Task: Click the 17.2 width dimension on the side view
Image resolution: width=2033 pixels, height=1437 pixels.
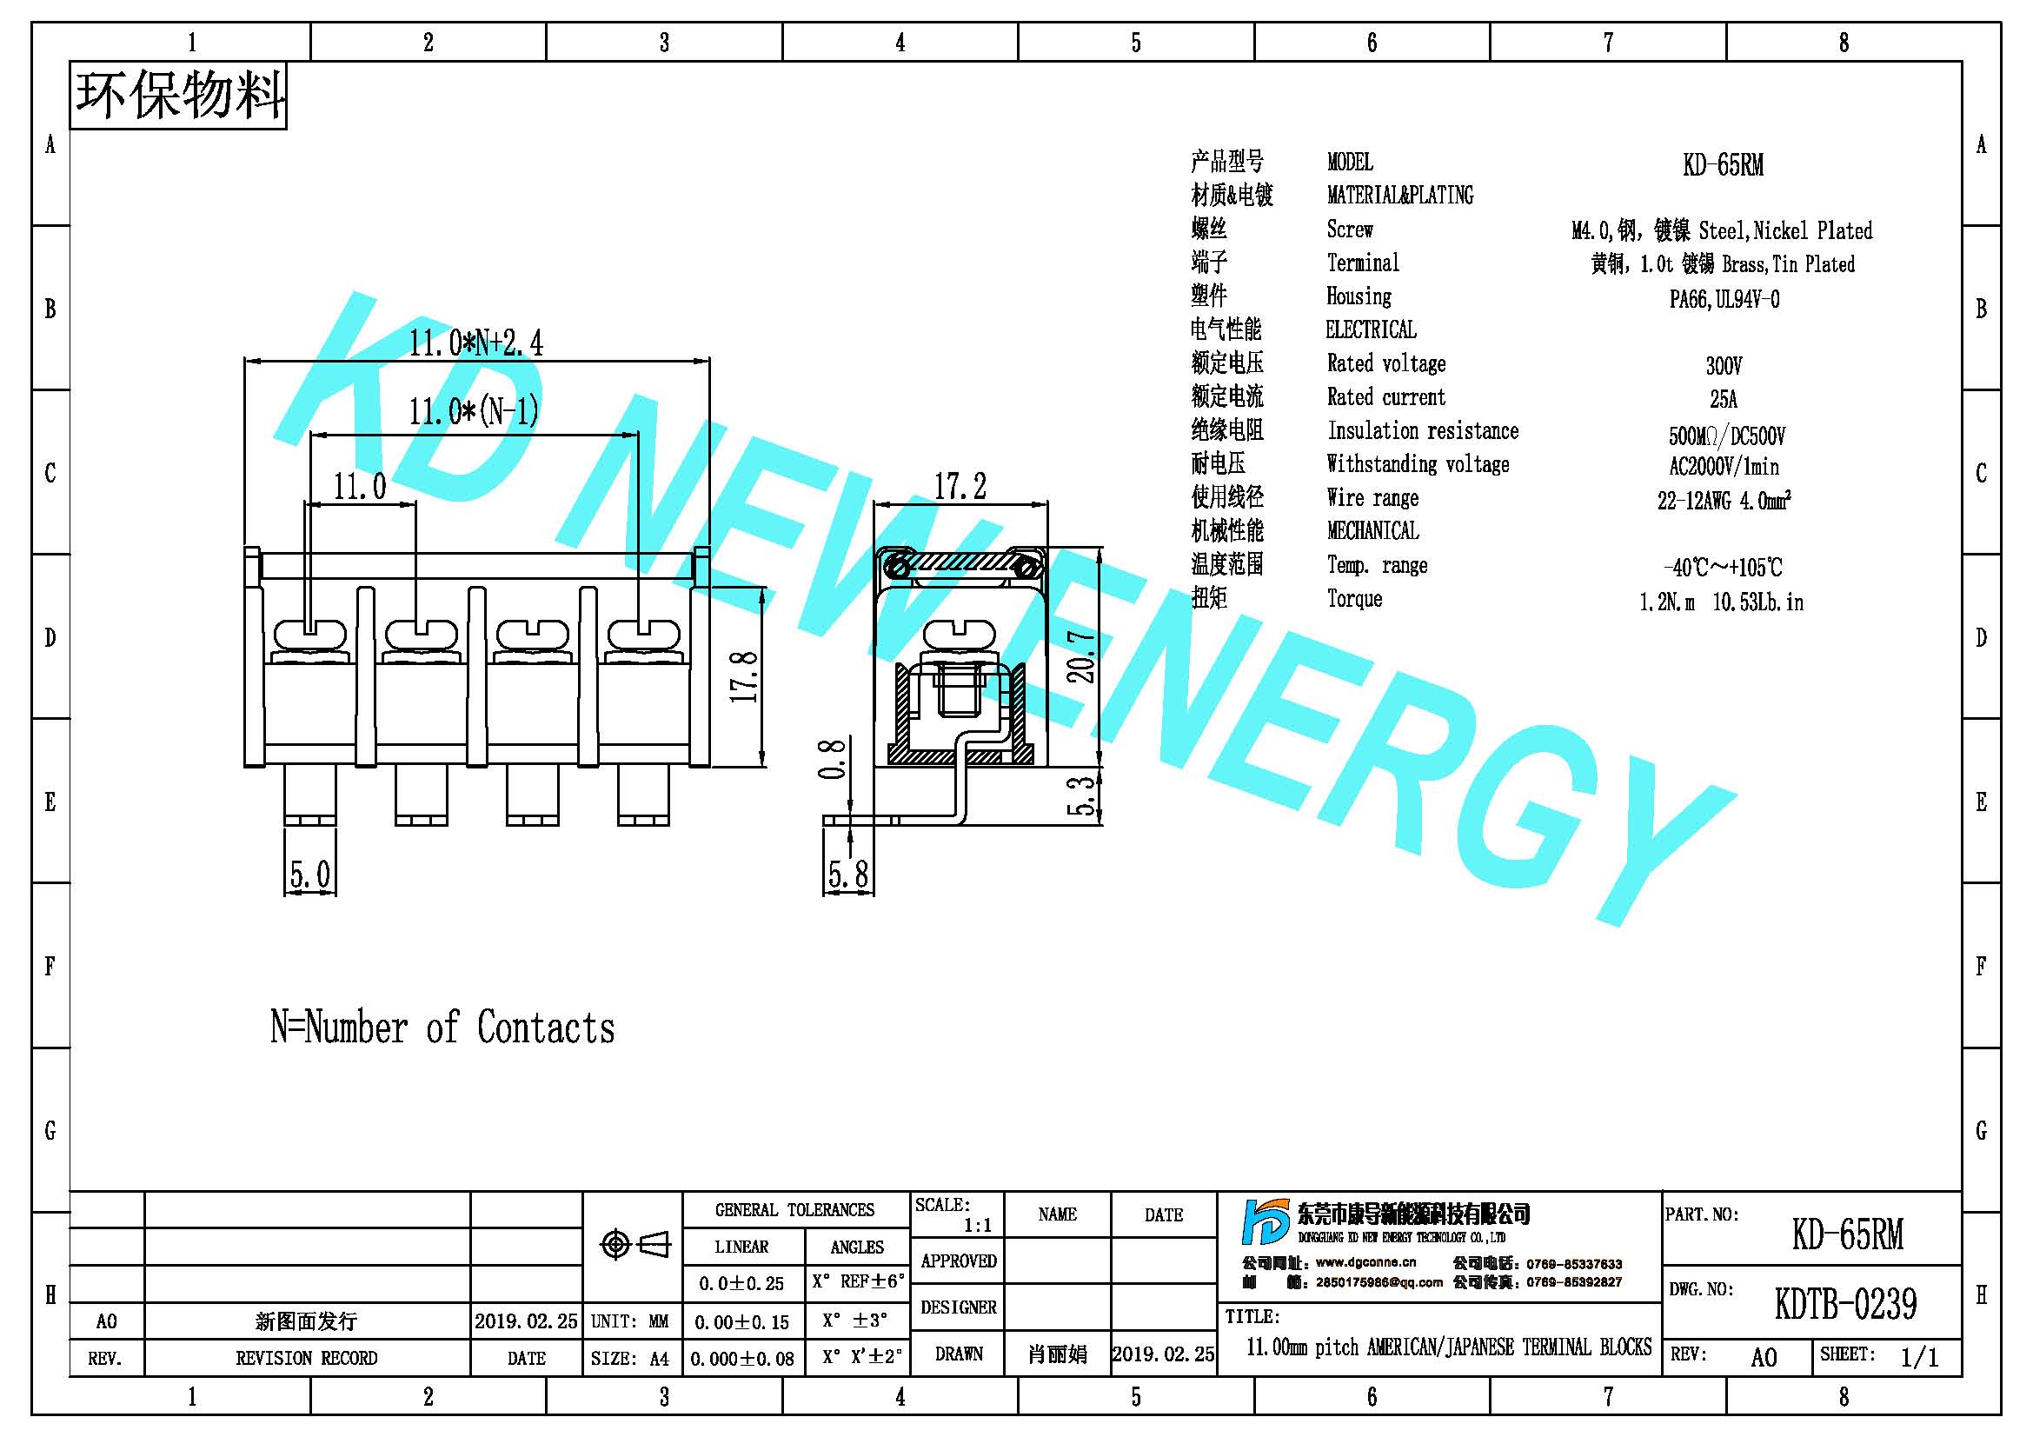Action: click(x=960, y=486)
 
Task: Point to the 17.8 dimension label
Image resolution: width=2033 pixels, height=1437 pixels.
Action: click(x=744, y=677)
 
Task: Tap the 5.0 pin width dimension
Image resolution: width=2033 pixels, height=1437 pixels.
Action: click(x=310, y=875)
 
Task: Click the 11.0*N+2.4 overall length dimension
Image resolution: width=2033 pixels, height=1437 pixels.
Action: click(x=475, y=343)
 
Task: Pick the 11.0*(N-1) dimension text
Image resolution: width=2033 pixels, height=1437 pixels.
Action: click(x=474, y=412)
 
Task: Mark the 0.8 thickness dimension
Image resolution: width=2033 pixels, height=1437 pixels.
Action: click(x=832, y=760)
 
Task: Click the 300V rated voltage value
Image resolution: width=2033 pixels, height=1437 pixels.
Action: click(x=1723, y=366)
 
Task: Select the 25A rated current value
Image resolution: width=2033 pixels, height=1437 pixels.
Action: click(x=1723, y=399)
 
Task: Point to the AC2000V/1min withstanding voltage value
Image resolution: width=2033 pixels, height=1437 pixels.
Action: click(x=1723, y=467)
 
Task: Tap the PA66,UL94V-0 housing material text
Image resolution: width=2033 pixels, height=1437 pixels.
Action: click(x=1724, y=299)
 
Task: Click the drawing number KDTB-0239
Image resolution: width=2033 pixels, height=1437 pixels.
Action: click(x=1845, y=1304)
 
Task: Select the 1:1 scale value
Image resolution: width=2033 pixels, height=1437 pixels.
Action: click(x=978, y=1226)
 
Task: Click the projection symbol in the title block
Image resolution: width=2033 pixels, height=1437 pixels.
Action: click(x=634, y=1245)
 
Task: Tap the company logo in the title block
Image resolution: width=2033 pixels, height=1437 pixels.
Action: click(x=1266, y=1223)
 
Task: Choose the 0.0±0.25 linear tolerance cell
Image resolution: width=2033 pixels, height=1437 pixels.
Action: click(x=741, y=1283)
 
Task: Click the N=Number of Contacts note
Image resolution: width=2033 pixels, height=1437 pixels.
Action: click(x=442, y=1028)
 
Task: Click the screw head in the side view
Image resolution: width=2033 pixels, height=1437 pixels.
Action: click(x=960, y=634)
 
